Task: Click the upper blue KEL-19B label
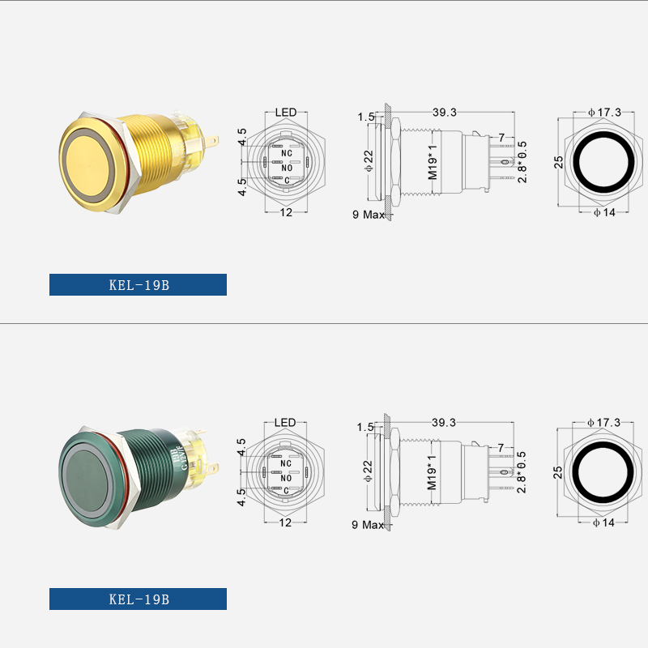pyautogui.click(x=138, y=285)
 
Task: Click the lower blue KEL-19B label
pyautogui.click(x=138, y=599)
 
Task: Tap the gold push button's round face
pyautogui.click(x=88, y=162)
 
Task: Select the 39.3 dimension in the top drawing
pyautogui.click(x=445, y=113)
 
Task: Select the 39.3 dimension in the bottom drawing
pyautogui.click(x=444, y=423)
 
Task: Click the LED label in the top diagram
pyautogui.click(x=286, y=113)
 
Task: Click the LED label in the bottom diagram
pyautogui.click(x=285, y=423)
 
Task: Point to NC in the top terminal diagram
pyautogui.click(x=287, y=153)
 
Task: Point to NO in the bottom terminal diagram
pyautogui.click(x=286, y=478)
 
